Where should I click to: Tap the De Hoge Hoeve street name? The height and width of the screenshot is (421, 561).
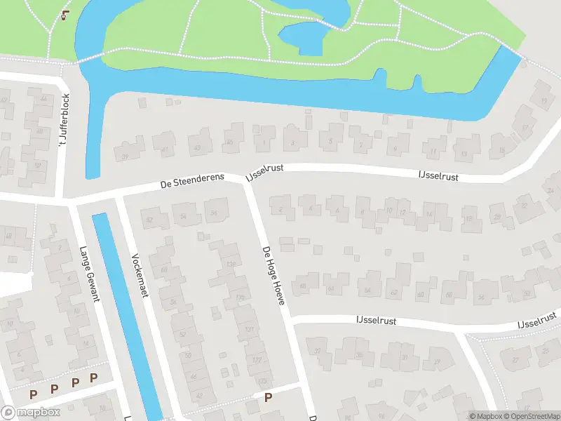tap(273, 275)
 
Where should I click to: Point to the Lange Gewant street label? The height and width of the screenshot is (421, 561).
tap(89, 274)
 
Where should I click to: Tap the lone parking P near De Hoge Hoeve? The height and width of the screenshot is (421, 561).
tap(268, 398)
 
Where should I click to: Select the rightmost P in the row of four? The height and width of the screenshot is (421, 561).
tap(93, 377)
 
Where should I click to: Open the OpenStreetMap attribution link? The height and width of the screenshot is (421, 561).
tap(531, 416)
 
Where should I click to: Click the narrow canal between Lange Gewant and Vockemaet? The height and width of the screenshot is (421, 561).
tap(126, 309)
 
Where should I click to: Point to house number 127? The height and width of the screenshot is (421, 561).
tap(257, 360)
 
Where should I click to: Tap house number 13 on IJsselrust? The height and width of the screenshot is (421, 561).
tap(464, 153)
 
